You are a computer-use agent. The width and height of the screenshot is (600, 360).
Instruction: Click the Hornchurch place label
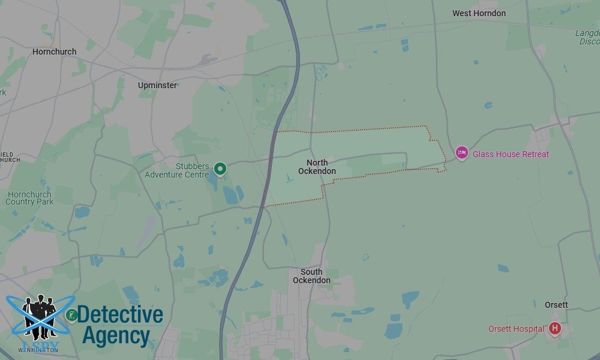pyautogui.click(x=55, y=52)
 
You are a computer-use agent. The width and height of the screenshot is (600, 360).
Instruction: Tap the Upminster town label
pyautogui.click(x=157, y=85)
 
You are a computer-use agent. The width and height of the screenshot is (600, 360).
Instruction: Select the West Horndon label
pyautogui.click(x=479, y=13)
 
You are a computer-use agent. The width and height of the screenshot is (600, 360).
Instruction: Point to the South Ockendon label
pyautogui.click(x=311, y=276)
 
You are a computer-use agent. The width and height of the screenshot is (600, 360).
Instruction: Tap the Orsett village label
pyautogui.click(x=556, y=305)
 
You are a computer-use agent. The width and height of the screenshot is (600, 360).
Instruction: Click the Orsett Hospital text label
pyautogui.click(x=516, y=329)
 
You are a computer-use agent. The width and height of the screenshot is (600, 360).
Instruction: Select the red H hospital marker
pyautogui.click(x=554, y=328)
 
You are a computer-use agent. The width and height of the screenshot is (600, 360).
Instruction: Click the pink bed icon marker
pyautogui.click(x=461, y=154)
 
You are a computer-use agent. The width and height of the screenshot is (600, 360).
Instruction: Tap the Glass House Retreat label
pyautogui.click(x=511, y=154)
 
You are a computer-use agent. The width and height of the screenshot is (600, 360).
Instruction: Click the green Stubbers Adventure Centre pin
pyautogui.click(x=220, y=169)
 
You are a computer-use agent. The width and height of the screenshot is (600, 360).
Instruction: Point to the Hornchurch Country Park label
pyautogui.click(x=29, y=198)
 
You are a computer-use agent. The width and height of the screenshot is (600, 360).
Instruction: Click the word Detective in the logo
pyautogui.click(x=120, y=314)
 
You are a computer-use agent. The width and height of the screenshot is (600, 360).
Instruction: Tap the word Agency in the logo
pyautogui.click(x=116, y=337)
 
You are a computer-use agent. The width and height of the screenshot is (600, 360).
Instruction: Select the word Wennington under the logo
pyautogui.click(x=40, y=349)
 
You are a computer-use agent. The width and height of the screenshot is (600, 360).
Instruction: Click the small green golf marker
pyautogui.click(x=71, y=315)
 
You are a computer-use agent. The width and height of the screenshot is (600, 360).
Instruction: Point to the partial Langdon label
pyautogui.click(x=587, y=37)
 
